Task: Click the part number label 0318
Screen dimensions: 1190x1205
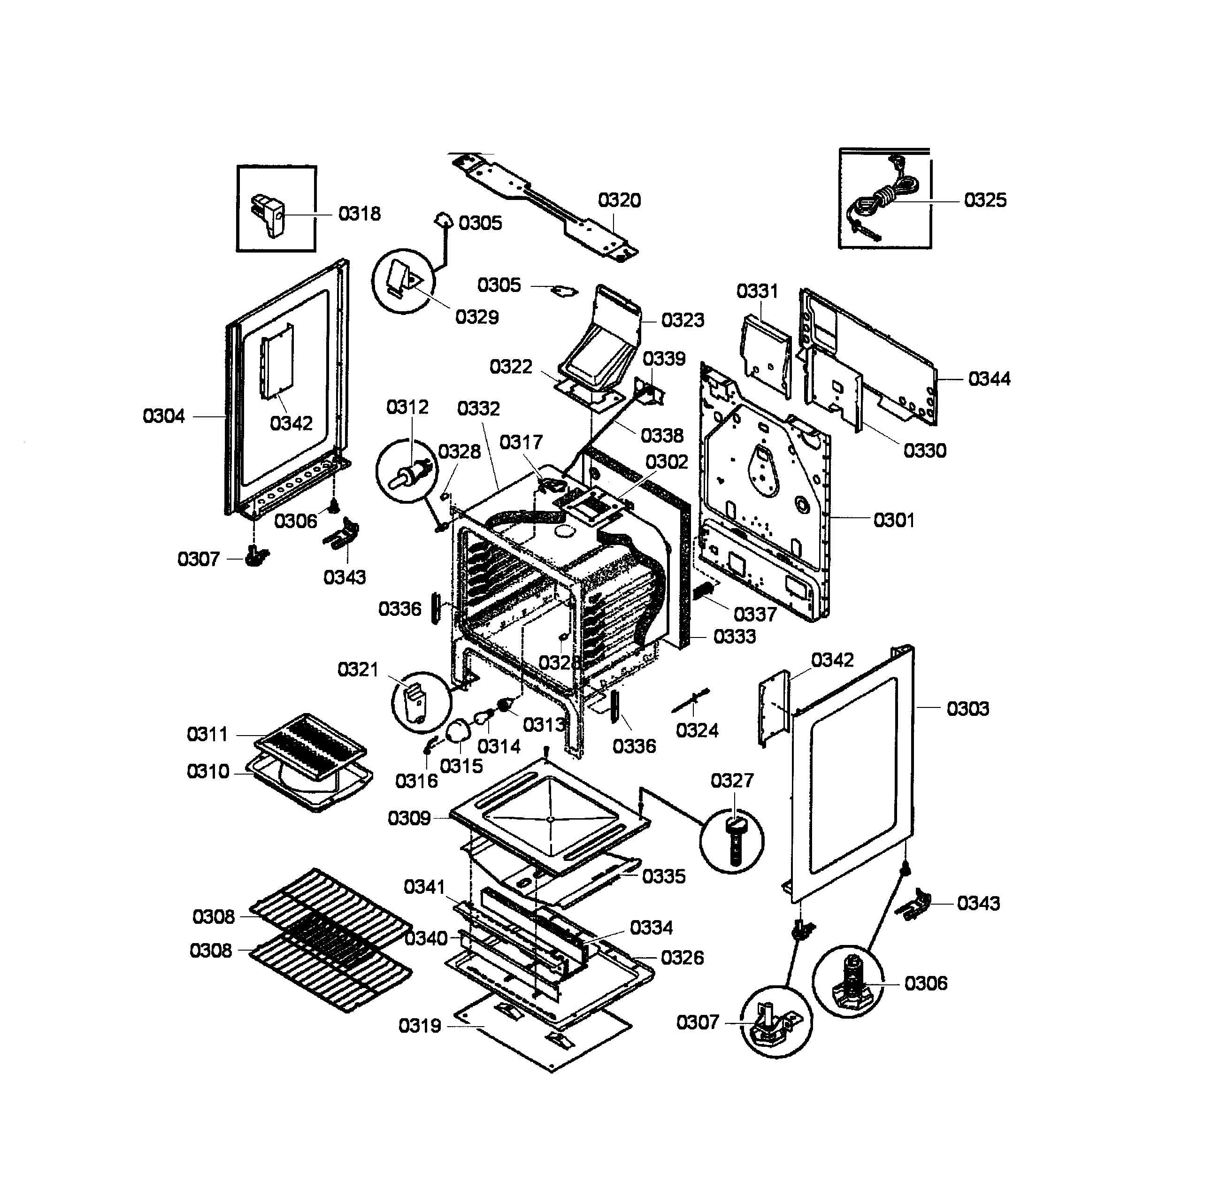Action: click(359, 214)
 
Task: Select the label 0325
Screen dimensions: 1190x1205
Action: click(985, 200)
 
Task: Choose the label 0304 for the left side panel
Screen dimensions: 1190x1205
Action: click(163, 416)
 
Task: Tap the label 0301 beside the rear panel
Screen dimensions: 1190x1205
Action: click(893, 520)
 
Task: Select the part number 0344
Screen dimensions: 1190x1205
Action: click(989, 378)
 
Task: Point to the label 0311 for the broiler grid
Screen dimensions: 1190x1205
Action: click(207, 734)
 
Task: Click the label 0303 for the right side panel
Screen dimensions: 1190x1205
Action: click(967, 708)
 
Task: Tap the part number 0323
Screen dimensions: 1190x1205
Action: click(683, 320)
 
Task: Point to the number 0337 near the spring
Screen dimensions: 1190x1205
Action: click(755, 614)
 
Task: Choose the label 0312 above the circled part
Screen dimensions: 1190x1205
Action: click(407, 407)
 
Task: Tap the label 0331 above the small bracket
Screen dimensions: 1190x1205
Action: click(757, 291)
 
